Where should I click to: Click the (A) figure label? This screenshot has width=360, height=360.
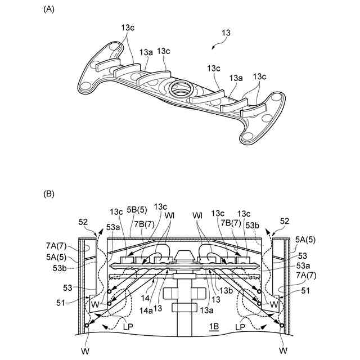49,10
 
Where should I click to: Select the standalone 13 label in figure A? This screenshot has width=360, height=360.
226,33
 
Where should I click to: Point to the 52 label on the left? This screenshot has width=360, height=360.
83,222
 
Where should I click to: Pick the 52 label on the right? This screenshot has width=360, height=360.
284,221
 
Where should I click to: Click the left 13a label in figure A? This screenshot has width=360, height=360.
146,52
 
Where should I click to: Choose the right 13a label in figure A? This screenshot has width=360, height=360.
236,79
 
